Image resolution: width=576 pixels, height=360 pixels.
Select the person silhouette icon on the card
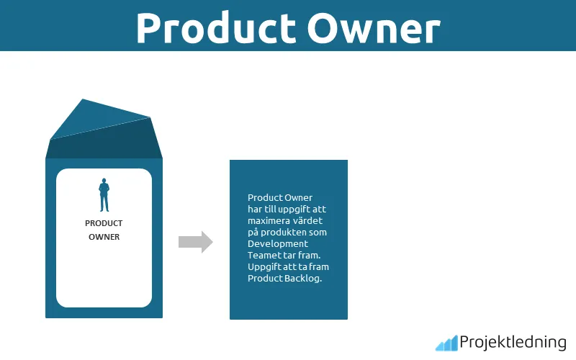click(104, 195)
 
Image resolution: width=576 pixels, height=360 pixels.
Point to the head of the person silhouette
click(104, 181)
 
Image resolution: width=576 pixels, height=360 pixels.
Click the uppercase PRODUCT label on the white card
click(104, 223)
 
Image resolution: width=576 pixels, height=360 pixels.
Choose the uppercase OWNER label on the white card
click(104, 236)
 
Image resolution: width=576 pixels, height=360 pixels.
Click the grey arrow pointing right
click(195, 242)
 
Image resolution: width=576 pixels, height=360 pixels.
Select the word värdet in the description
click(308, 220)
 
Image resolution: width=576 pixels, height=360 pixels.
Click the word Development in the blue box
click(277, 244)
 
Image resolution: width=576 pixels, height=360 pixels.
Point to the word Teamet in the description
click(263, 256)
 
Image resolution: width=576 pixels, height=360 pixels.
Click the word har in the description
click(255, 209)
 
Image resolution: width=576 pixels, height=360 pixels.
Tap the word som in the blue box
click(318, 232)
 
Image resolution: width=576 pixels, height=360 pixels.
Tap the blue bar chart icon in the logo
click(446, 343)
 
